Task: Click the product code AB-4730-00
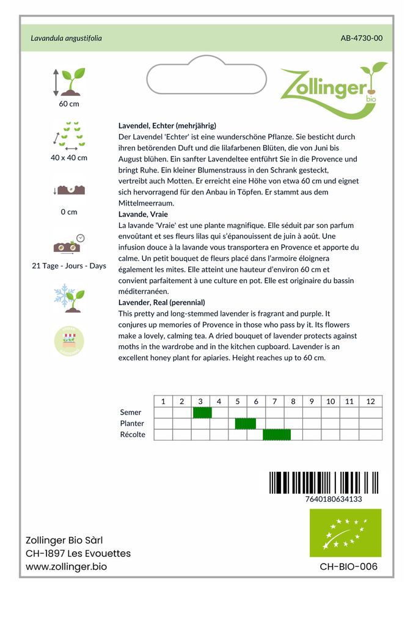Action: coord(361,39)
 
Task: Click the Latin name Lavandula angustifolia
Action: coord(67,39)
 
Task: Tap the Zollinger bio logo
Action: coord(333,89)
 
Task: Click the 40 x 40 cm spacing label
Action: coord(69,158)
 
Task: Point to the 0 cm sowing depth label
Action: coord(69,212)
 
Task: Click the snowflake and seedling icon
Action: coord(69,297)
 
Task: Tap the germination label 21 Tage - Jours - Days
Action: coord(69,266)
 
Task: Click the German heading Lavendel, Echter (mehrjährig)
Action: coord(167,125)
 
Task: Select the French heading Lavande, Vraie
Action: coord(143,214)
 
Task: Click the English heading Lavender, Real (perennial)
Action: coord(161,303)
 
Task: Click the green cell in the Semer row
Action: coord(202,413)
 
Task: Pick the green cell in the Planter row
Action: coord(246,424)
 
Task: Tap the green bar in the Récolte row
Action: coord(277,435)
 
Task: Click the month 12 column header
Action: coord(370,402)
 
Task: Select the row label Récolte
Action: coord(133,435)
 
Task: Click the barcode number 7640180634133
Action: coord(333,499)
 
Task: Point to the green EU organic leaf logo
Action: coord(345,533)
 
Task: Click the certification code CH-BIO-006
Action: coord(348,567)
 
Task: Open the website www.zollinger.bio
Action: coord(67,567)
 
